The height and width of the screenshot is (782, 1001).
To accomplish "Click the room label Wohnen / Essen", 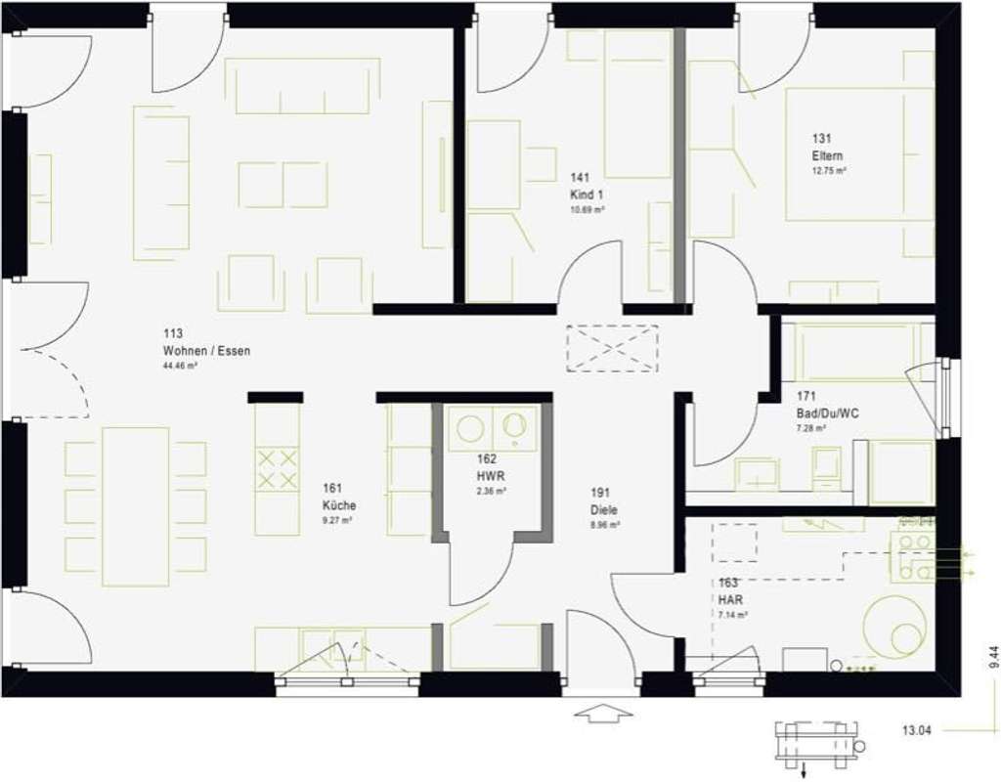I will pos(206,350).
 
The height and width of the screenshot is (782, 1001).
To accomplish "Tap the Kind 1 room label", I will pos(587,195).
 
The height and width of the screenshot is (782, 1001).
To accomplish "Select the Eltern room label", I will pos(826,156).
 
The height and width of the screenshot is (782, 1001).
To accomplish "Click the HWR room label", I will pos(487,476).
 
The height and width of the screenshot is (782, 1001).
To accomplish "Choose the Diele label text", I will pos(603,509).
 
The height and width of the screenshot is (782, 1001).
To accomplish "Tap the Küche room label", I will pos(338,505).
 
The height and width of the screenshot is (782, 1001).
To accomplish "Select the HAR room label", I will pos(728,599).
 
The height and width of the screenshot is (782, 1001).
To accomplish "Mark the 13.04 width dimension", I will pos(916,729).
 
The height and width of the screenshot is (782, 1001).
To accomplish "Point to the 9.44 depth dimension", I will pos(993,658).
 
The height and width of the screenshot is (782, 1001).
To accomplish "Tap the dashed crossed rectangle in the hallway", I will pos(613,348).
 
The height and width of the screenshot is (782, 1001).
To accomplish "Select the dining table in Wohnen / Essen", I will pos(135,505).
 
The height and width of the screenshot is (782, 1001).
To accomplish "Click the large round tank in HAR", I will pos(894,626).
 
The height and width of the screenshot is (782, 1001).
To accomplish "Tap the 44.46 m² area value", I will pos(181,367).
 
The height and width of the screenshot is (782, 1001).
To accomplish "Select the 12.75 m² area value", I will pos(828,171).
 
